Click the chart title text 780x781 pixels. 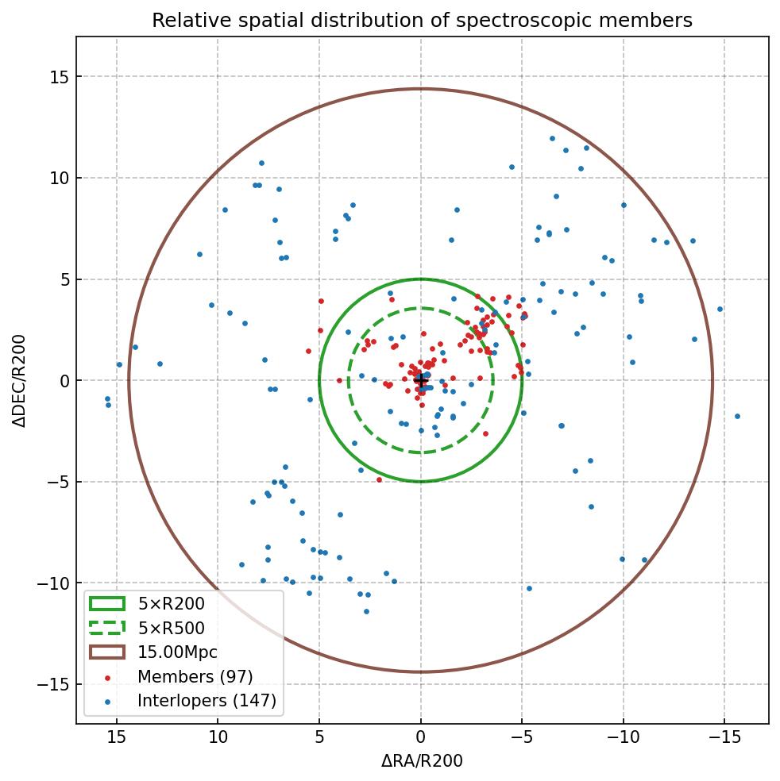pyautogui.click(x=422, y=21)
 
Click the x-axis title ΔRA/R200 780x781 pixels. pyautogui.click(x=422, y=761)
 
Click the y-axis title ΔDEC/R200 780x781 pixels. pyautogui.click(x=20, y=381)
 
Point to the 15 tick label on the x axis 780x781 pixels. pyautogui.click(x=117, y=737)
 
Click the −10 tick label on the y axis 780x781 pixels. pyautogui.click(x=54, y=583)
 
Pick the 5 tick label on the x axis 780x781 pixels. pyautogui.click(x=319, y=737)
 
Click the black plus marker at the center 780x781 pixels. pyautogui.click(x=421, y=381)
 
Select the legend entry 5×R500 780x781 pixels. pyautogui.click(x=171, y=629)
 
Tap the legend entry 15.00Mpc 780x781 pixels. pyautogui.click(x=177, y=652)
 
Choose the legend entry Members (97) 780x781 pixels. pyautogui.click(x=195, y=677)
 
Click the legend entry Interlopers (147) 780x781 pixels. pyautogui.click(x=207, y=701)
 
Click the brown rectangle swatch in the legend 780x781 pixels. pyautogui.click(x=107, y=652)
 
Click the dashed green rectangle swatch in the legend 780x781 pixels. pyautogui.click(x=107, y=629)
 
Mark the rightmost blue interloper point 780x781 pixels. pyautogui.click(x=737, y=416)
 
